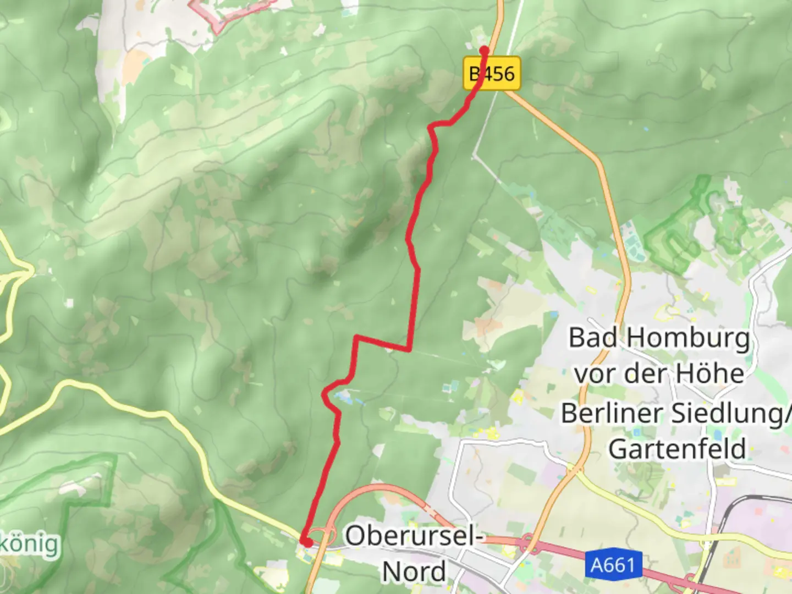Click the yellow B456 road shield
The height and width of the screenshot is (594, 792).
[x=492, y=74]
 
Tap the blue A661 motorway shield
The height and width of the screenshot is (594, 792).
[x=613, y=565]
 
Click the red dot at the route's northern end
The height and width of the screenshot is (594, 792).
[x=484, y=51]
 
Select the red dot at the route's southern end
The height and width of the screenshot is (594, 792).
[x=306, y=542]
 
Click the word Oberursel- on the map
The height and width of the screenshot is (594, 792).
[x=414, y=535]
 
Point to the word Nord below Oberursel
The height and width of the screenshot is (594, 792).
[x=414, y=571]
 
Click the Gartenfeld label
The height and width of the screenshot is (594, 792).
[x=677, y=449]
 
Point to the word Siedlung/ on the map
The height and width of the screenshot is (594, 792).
[x=732, y=413]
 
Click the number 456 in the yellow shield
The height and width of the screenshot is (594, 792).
[x=499, y=74]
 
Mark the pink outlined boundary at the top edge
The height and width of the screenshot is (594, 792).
[x=231, y=14]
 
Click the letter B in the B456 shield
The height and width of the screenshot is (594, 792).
[x=474, y=74]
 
